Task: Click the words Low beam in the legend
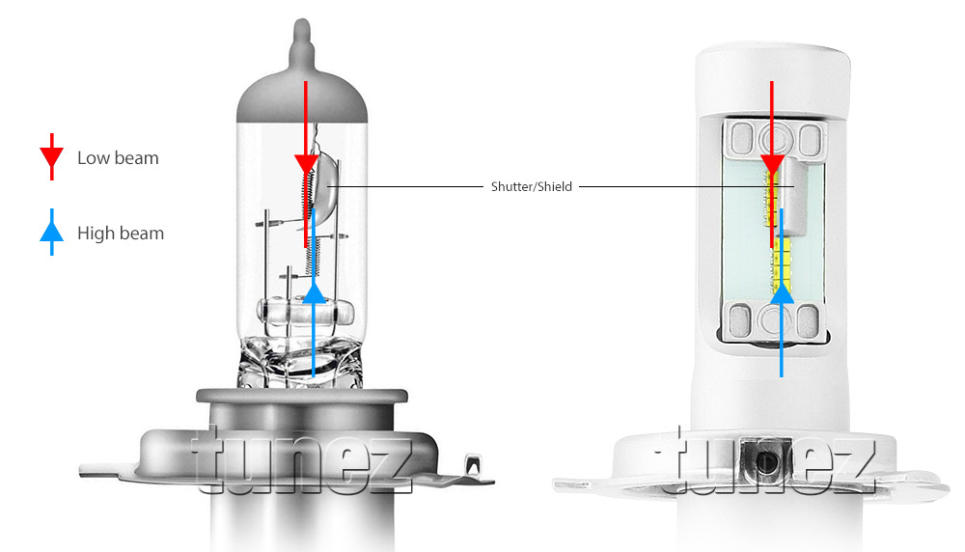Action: pos(118,158)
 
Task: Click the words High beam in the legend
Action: pos(121,234)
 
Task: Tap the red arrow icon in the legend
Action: pos(52,157)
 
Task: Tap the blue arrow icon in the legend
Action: pos(52,232)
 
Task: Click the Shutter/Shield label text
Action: pos(531,186)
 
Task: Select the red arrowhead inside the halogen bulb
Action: pos(306,164)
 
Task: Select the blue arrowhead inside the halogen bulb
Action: pos(315,291)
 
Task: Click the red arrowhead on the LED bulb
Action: pos(772,164)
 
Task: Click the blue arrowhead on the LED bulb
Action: pos(782,291)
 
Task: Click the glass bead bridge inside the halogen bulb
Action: pos(305,312)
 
